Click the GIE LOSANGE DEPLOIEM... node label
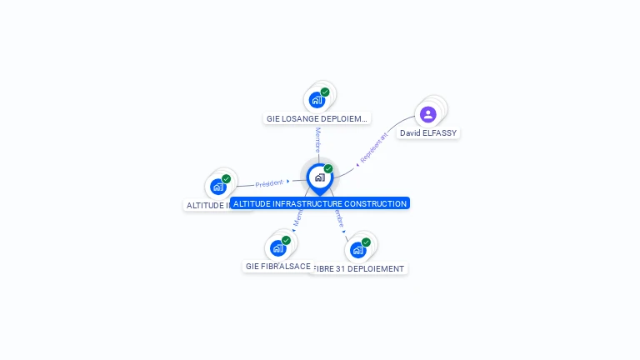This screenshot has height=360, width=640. [317, 118]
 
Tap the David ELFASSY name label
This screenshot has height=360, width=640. [428, 132]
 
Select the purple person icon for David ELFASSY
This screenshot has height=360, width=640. [428, 114]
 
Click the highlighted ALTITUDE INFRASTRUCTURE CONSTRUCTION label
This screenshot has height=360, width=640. [320, 203]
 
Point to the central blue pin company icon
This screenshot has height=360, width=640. [319, 177]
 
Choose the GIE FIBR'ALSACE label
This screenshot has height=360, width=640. [277, 266]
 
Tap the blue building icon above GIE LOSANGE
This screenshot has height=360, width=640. [317, 100]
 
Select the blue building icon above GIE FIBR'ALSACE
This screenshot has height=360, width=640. [278, 247]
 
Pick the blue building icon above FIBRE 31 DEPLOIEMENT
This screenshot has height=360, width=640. [358, 249]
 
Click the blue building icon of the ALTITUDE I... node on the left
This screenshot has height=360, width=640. [218, 187]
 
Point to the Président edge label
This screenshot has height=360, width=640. [269, 182]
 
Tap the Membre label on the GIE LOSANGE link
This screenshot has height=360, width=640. [317, 140]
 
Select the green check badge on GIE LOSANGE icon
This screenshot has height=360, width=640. [325, 92]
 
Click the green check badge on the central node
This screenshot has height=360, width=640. [328, 169]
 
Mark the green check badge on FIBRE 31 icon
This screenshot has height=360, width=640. [366, 242]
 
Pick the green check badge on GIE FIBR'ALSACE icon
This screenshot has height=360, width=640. [286, 240]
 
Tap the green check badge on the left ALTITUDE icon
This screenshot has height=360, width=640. [226, 178]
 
